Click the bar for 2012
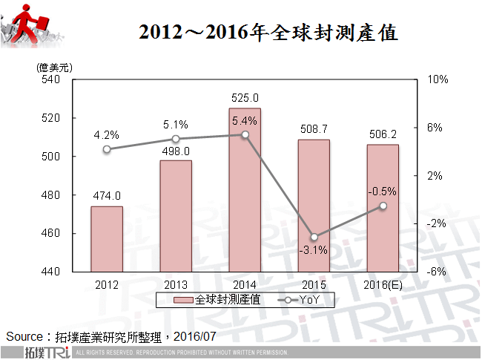point(107,239)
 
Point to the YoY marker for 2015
point(314,237)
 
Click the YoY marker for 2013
point(176,139)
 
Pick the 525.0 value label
point(245,97)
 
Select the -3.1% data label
point(314,249)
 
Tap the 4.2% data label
point(107,135)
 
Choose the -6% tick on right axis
point(437,272)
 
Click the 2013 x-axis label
point(176,284)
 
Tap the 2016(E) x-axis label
point(383,284)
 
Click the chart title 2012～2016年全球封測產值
point(268,33)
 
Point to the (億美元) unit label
point(53,67)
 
